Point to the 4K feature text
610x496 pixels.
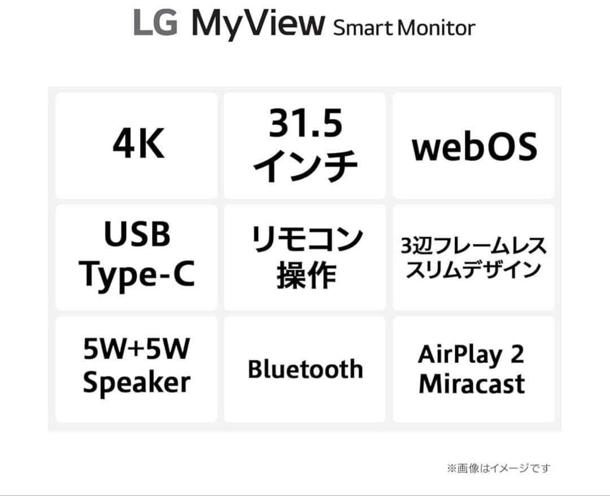point(138,145)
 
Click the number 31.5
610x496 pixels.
point(305,124)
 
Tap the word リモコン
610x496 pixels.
point(306,238)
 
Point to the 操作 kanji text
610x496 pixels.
point(306,276)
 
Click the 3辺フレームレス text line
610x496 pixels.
point(473,247)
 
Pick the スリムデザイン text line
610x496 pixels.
point(473,269)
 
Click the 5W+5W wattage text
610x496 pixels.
point(137,350)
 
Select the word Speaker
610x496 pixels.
point(137,383)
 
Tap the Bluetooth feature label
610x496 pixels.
point(305,369)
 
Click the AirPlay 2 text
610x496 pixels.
point(471,355)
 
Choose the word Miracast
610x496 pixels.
point(472,383)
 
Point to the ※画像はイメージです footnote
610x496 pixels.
point(498,468)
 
